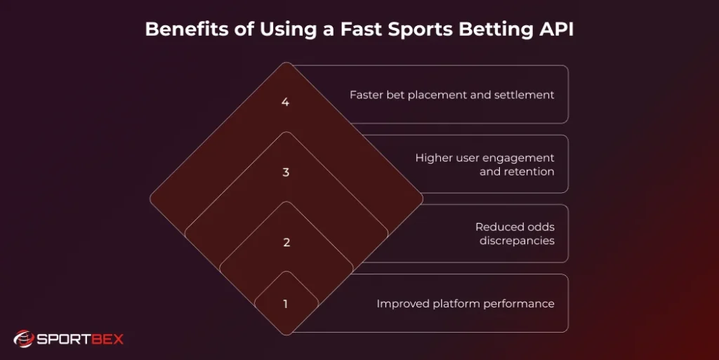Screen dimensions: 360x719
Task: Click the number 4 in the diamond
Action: (285, 102)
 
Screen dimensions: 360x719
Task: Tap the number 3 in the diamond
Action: (286, 172)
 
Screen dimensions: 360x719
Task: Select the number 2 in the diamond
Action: (286, 243)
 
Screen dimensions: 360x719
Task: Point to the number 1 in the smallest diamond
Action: (286, 304)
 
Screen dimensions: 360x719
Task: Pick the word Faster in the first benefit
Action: (367, 95)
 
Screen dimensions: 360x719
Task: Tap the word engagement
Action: (519, 158)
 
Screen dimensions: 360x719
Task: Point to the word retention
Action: (527, 171)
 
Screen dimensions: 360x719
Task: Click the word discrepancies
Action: (517, 241)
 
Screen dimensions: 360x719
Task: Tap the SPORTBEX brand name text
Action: (79, 340)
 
